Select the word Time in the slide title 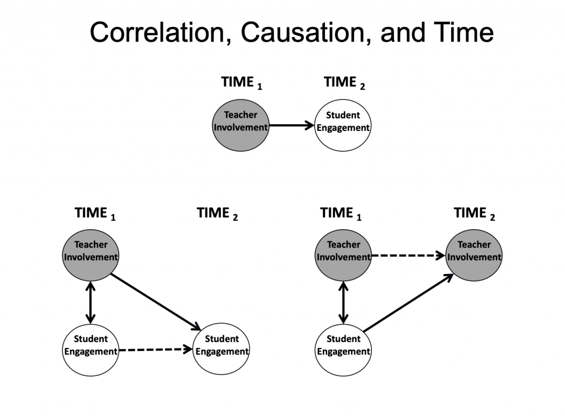(463, 32)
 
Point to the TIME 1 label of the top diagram (242, 83)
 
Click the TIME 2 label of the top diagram (344, 83)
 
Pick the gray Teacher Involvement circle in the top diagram (241, 125)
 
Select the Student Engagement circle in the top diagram (343, 125)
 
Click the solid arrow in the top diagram (291, 125)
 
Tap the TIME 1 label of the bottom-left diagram (95, 213)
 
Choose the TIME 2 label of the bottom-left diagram (217, 213)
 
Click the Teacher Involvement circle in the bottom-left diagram (90, 255)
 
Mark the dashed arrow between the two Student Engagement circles (156, 350)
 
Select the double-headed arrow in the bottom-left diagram (90, 302)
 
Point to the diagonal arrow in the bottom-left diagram (156, 302)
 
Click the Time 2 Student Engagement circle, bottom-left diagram (221, 349)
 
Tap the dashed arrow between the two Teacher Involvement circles (408, 255)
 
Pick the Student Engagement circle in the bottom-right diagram (343, 349)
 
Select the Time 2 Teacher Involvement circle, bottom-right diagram (474, 255)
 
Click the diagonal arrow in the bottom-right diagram (408, 302)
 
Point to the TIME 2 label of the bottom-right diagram (474, 213)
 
